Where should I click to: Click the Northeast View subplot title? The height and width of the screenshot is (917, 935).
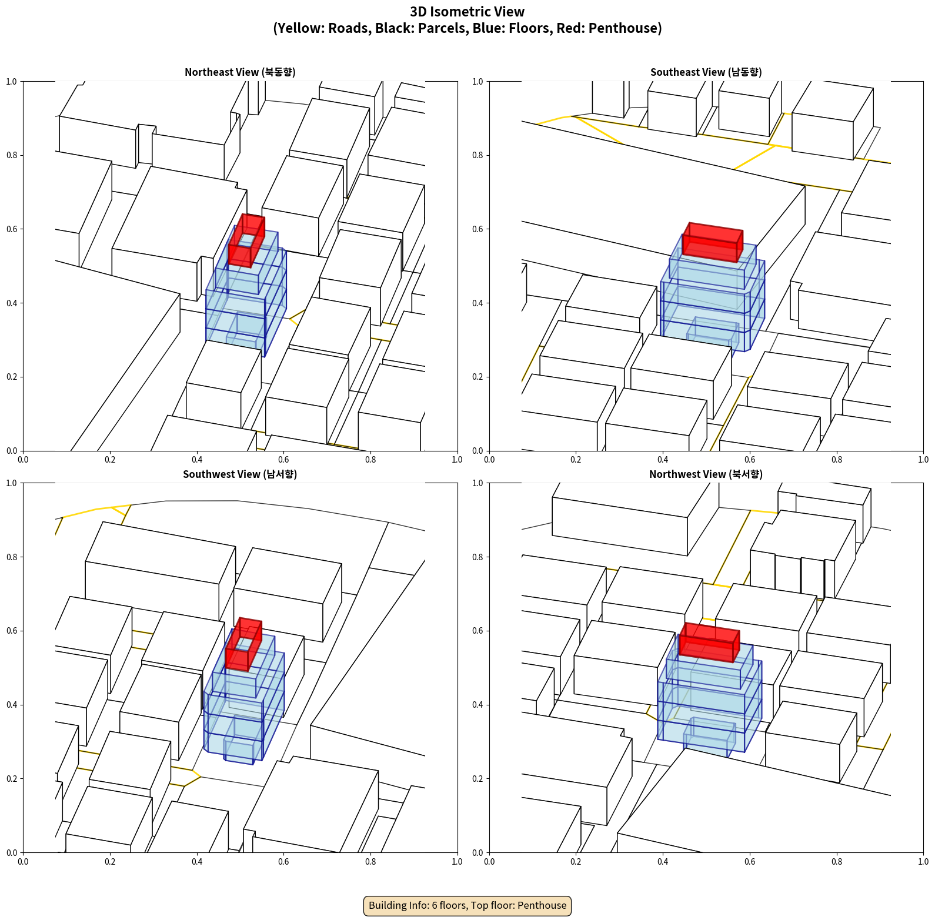[240, 72]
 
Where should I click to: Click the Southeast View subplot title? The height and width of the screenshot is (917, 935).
[706, 72]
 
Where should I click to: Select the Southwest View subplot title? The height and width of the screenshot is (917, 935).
[240, 474]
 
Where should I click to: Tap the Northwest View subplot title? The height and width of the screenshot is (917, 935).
[706, 474]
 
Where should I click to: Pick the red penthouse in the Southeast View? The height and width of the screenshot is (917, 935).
[713, 242]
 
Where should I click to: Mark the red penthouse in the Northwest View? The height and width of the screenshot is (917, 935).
[709, 642]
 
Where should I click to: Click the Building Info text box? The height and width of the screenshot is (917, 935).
[467, 905]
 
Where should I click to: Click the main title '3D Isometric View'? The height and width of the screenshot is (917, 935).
[467, 12]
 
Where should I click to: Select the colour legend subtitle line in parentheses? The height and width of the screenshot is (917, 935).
[467, 28]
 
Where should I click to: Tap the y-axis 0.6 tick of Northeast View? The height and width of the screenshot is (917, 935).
[12, 229]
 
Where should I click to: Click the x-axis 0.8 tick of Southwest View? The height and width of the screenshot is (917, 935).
[370, 862]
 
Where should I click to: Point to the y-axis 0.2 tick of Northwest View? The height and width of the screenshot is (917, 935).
[478, 778]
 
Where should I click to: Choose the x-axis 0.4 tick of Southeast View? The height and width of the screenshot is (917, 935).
[663, 460]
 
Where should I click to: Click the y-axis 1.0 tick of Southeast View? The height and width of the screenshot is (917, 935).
[478, 81]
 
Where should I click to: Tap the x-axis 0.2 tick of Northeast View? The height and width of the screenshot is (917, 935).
[110, 460]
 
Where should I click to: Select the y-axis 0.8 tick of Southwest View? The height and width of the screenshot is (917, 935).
[12, 557]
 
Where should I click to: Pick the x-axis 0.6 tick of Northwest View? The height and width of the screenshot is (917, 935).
[750, 862]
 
